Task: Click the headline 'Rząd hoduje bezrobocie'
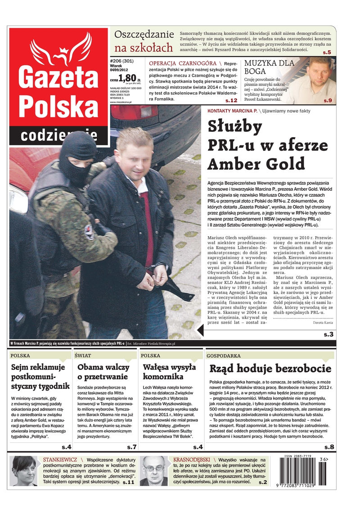click(x=270, y=369)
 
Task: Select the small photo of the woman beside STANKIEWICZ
click(x=24, y=470)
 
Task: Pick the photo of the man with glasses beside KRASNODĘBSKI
click(x=154, y=470)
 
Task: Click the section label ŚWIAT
click(x=83, y=355)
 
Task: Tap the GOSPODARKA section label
click(x=224, y=355)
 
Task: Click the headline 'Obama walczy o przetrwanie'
click(x=103, y=372)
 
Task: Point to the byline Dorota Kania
click(x=323, y=323)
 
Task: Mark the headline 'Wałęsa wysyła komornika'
click(x=169, y=372)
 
